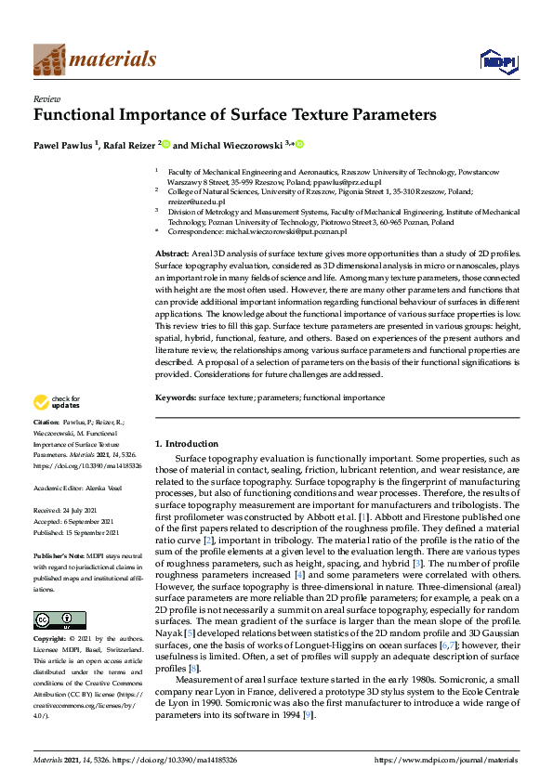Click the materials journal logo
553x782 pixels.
point(95,59)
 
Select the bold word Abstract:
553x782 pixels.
point(173,254)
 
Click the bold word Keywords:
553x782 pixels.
point(176,398)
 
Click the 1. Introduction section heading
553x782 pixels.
point(186,444)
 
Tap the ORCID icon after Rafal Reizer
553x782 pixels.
point(166,144)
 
